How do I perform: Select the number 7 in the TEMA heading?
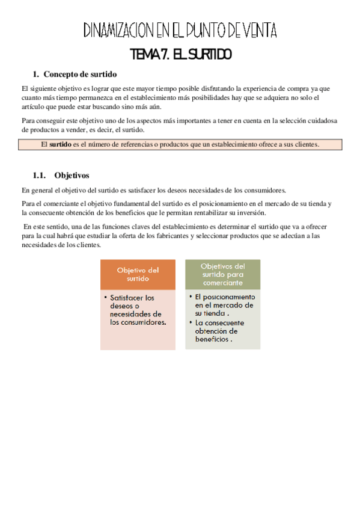point(163,55)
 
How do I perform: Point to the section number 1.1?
point(40,176)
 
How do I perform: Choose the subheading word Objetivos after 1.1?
point(72,176)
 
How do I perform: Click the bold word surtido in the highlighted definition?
point(60,144)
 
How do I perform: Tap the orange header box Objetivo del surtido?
point(138,274)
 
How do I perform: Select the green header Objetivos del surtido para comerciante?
point(222,274)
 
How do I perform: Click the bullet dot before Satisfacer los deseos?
point(105,298)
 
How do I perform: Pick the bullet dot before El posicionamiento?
point(190,297)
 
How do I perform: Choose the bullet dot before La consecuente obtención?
point(190,322)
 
